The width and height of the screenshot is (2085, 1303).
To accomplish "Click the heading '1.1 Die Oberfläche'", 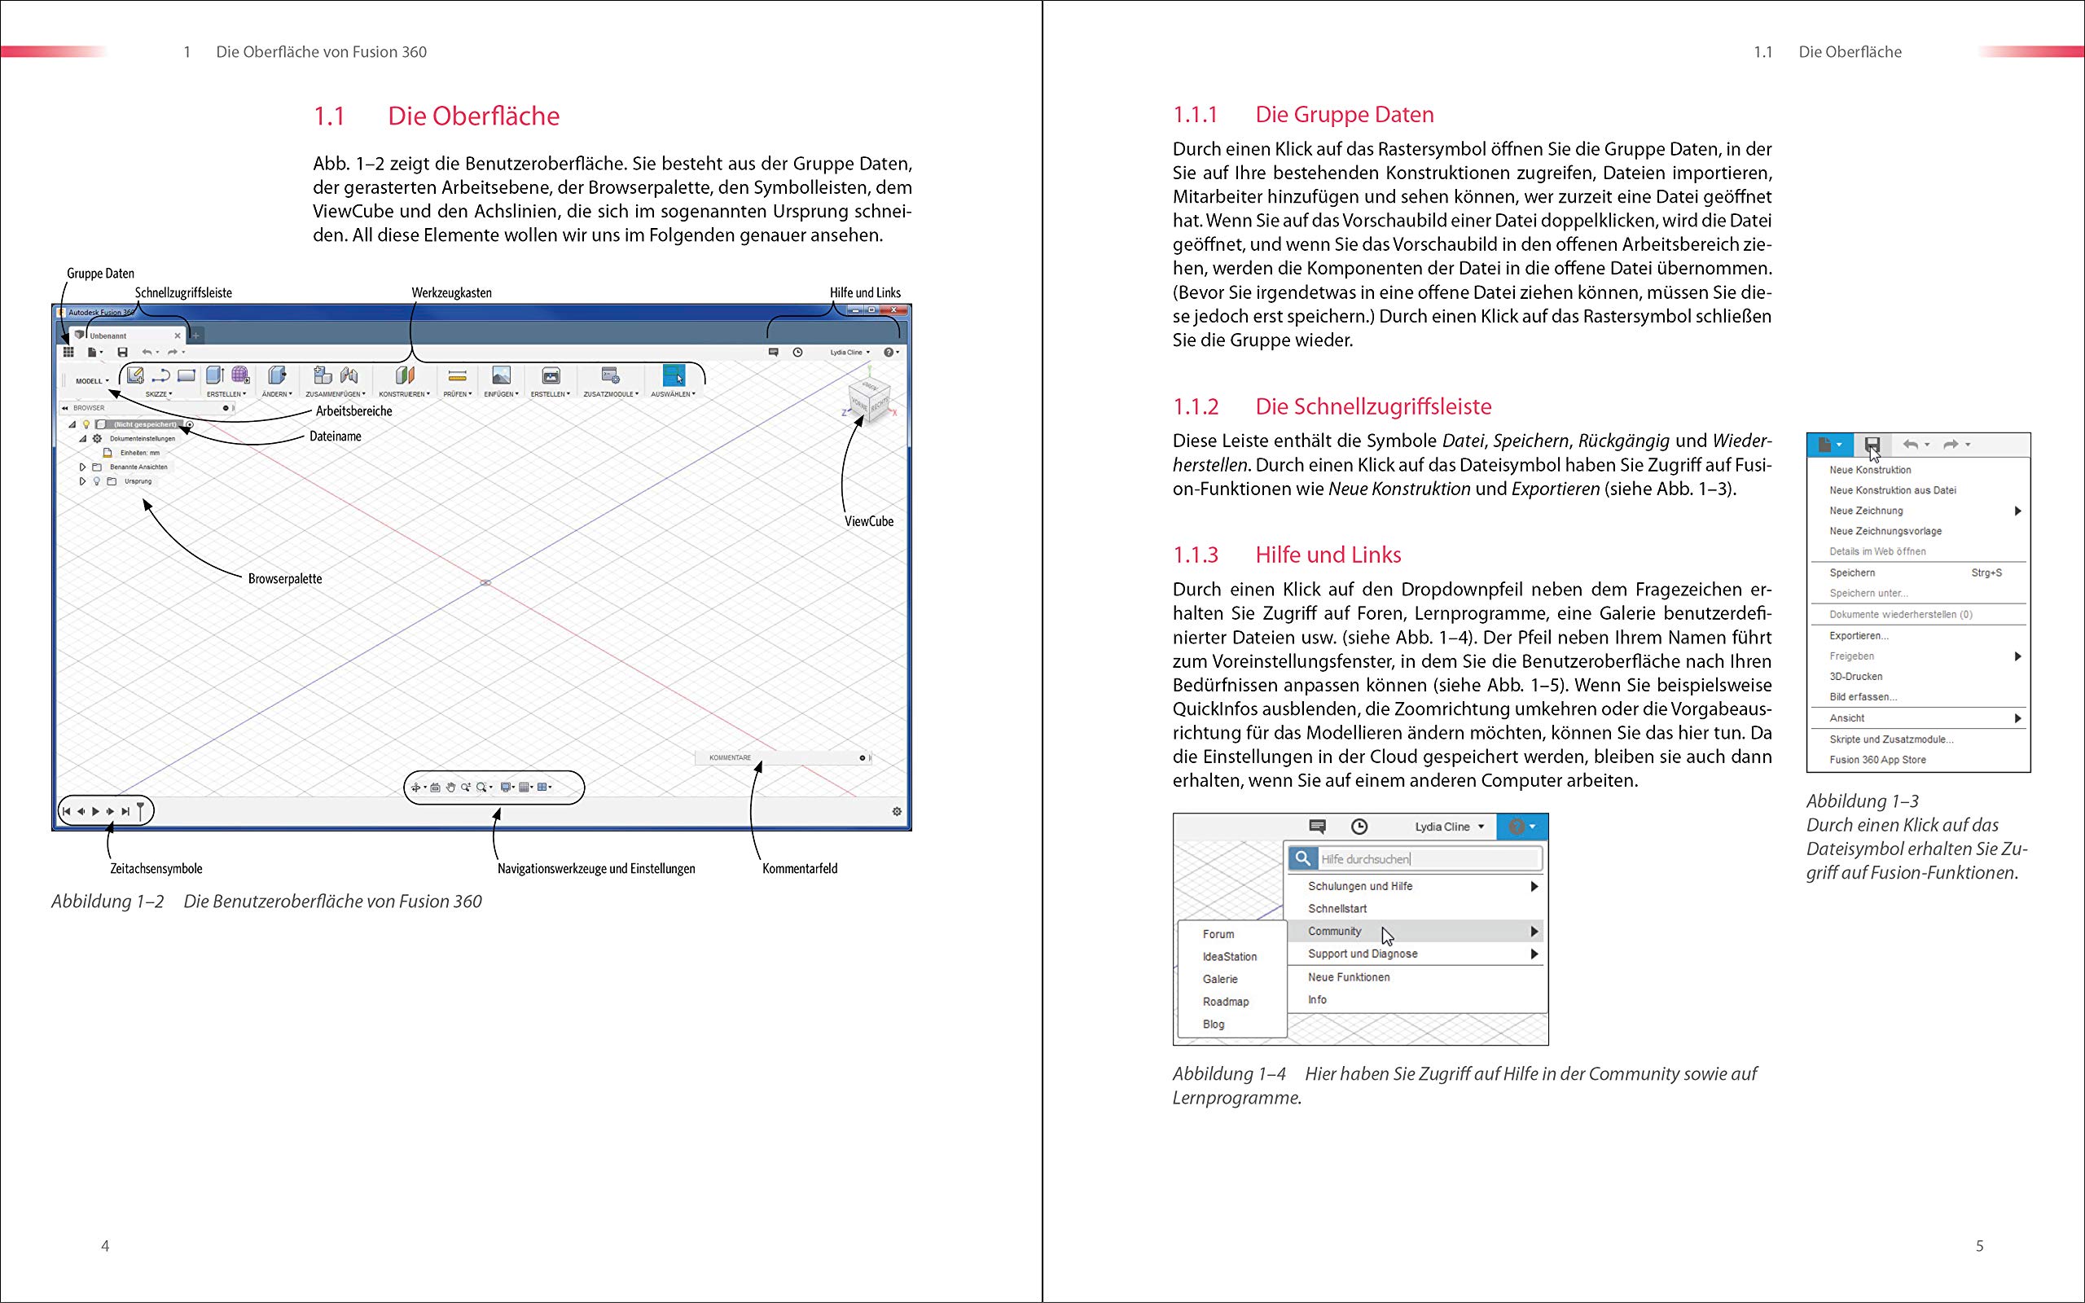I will [436, 116].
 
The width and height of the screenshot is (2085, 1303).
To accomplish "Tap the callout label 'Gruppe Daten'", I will [101, 273].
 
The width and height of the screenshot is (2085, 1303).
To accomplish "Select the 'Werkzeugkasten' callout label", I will [451, 293].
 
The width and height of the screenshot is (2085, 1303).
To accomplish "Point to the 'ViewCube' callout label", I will [868, 521].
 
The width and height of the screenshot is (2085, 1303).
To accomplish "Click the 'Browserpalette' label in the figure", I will [285, 579].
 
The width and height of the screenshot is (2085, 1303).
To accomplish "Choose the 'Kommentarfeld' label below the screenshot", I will [800, 869].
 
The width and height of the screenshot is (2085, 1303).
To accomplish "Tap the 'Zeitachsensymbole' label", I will [156, 869].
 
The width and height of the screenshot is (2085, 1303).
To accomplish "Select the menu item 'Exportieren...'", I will [1859, 636].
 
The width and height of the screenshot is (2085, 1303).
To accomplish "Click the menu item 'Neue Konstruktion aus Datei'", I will [1892, 490].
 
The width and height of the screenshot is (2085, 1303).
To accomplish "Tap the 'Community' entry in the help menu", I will [1335, 932].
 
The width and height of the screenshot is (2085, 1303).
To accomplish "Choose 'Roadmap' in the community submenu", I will [1225, 1002].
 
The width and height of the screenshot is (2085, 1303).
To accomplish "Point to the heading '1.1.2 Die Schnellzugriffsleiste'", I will [1373, 406].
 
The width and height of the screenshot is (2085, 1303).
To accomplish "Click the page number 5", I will [1979, 1246].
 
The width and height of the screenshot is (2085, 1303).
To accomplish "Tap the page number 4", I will [105, 1246].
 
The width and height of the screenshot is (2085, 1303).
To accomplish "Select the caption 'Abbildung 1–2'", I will [108, 902].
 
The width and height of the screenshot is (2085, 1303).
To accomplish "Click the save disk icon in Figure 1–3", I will [1872, 445].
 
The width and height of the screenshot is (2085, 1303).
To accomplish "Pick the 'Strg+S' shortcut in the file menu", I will [1986, 573].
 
